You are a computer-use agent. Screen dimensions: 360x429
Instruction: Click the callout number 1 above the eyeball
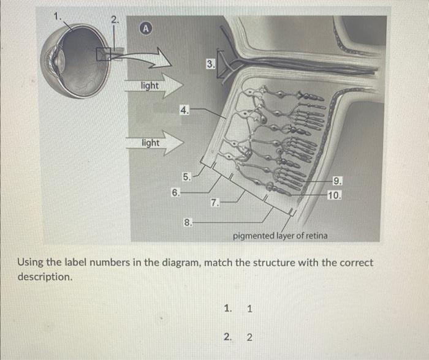coord(59,17)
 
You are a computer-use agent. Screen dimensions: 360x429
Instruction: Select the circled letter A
coord(145,29)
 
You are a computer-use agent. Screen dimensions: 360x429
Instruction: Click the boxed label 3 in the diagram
coord(210,64)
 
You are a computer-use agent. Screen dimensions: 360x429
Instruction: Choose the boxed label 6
coord(175,193)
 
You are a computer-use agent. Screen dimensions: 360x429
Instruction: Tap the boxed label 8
coord(188,223)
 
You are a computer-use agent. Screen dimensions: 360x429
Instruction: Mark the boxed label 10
coord(335,196)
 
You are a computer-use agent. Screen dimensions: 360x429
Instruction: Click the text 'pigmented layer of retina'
coord(280,236)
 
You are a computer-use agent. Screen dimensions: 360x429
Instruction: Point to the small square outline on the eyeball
coord(104,54)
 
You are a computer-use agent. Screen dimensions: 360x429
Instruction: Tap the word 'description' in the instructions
coord(44,277)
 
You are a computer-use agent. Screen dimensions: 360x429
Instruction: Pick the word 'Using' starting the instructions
coord(30,263)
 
